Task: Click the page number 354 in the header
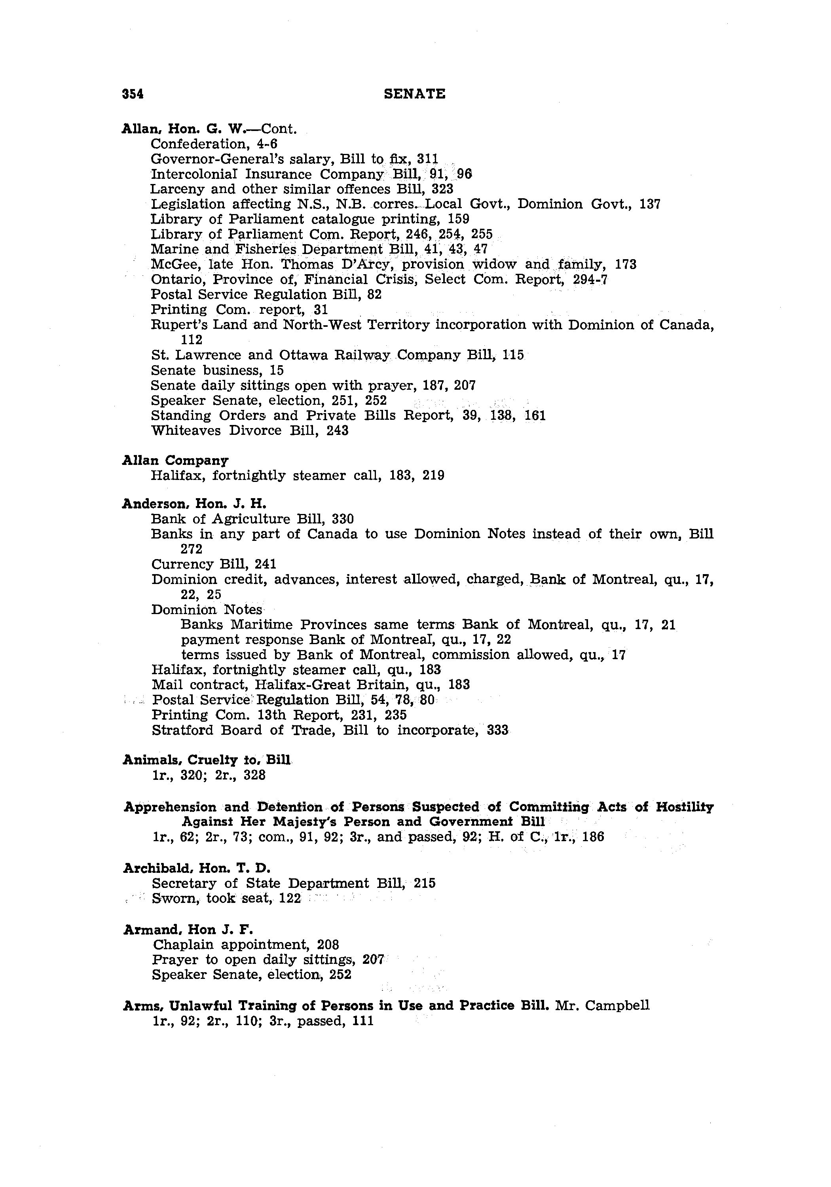click(133, 93)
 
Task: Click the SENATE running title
click(415, 93)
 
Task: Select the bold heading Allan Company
click(175, 460)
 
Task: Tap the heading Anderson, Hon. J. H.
click(194, 504)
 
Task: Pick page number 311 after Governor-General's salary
click(428, 159)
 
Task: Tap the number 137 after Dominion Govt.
click(650, 204)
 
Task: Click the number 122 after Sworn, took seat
click(290, 899)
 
